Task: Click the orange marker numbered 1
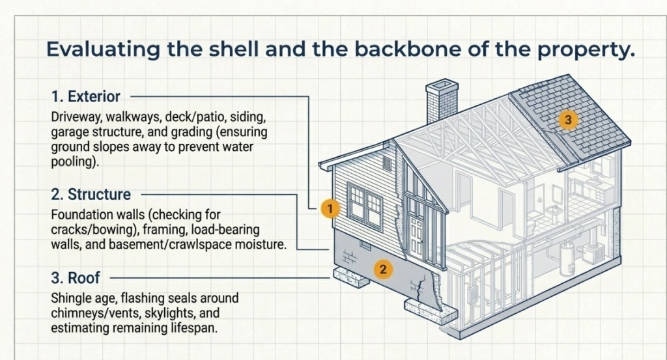coord(330,209)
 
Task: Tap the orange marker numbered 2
coord(383,269)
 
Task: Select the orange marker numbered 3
coord(568,120)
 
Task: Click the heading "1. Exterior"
coord(86,96)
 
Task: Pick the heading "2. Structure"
coord(91,194)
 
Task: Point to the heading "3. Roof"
coord(76,278)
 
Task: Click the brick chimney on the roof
coord(442,101)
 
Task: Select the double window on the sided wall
coord(365,206)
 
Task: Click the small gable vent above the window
coord(387,163)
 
